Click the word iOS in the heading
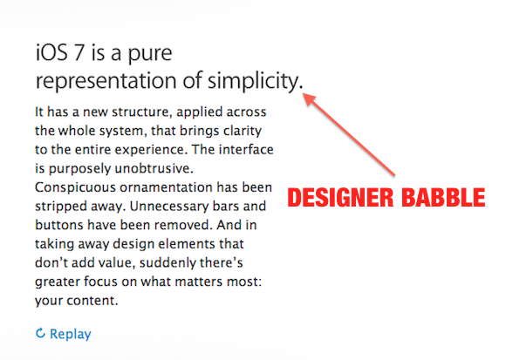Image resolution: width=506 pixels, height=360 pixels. tap(51, 52)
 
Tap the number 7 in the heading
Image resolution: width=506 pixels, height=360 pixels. tap(79, 53)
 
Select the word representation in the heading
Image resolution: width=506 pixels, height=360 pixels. tap(106, 80)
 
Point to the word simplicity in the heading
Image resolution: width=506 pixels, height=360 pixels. tap(253, 80)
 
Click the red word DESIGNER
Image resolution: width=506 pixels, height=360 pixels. tap(340, 197)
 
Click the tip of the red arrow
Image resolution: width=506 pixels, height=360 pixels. tap(303, 93)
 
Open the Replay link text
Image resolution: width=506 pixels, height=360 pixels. tap(71, 334)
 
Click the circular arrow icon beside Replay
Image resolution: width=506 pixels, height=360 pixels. tap(40, 333)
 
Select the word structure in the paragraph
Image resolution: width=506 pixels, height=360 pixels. tap(140, 112)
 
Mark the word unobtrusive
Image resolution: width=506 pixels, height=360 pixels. tap(154, 168)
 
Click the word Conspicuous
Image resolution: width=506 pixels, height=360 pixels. tap(75, 188)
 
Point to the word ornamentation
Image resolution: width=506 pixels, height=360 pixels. tap(166, 187)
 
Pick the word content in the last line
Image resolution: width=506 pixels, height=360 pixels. tap(92, 301)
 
